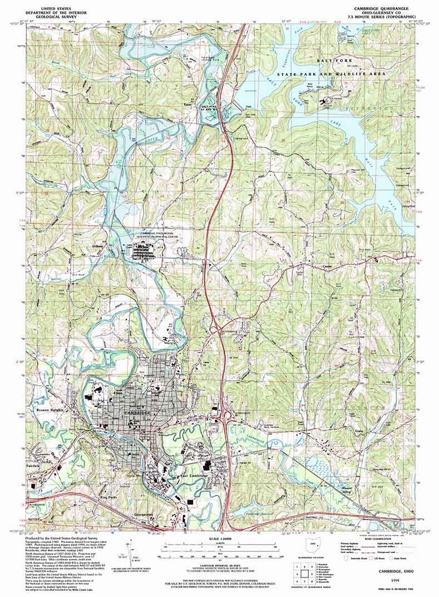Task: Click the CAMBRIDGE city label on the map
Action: [138, 412]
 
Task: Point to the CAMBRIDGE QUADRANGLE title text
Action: [384, 10]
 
